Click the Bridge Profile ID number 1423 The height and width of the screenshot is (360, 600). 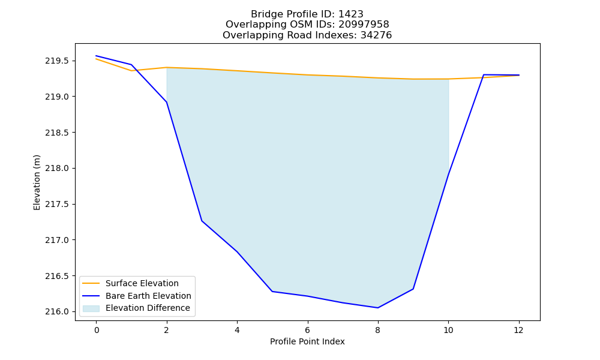pyautogui.click(x=350, y=14)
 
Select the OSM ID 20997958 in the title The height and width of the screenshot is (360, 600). pyautogui.click(x=364, y=25)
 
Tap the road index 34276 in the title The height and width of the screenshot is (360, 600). pyautogui.click(x=376, y=35)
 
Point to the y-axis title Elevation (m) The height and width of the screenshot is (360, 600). pyautogui.click(x=37, y=182)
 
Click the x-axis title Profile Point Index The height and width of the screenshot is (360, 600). pyautogui.click(x=307, y=341)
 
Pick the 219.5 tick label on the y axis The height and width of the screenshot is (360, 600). pyautogui.click(x=58, y=61)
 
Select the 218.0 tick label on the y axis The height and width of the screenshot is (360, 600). pyautogui.click(x=58, y=169)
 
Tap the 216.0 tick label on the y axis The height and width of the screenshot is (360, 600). pyautogui.click(x=58, y=312)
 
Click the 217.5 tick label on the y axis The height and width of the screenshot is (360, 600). pyautogui.click(x=58, y=204)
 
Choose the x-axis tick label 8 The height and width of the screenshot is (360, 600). pyautogui.click(x=377, y=330)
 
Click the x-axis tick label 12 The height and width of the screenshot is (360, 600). pyautogui.click(x=518, y=330)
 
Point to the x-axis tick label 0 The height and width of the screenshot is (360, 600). pyautogui.click(x=97, y=330)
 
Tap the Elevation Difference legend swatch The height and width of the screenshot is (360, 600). pyautogui.click(x=91, y=308)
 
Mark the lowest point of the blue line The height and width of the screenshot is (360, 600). pyautogui.click(x=377, y=308)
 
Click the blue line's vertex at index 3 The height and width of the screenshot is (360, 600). pyautogui.click(x=202, y=221)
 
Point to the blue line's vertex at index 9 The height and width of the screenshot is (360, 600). pyautogui.click(x=413, y=289)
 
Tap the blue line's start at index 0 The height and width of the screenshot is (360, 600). pyautogui.click(x=96, y=56)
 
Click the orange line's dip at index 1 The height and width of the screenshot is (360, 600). pyautogui.click(x=131, y=71)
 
